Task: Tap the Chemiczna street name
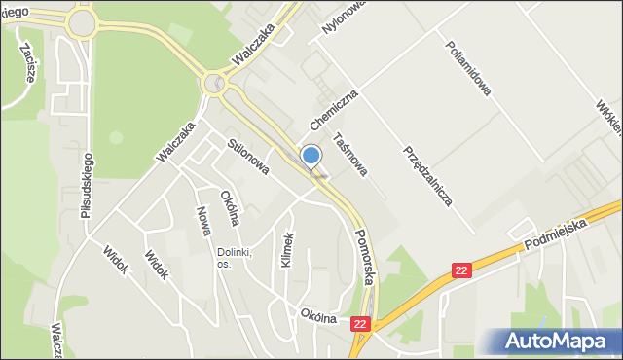(x=335, y=110)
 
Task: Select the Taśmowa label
(x=349, y=155)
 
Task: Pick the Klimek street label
(x=287, y=251)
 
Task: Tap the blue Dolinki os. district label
(x=234, y=258)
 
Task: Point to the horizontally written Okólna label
(x=318, y=316)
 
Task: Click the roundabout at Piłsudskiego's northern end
(x=82, y=21)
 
